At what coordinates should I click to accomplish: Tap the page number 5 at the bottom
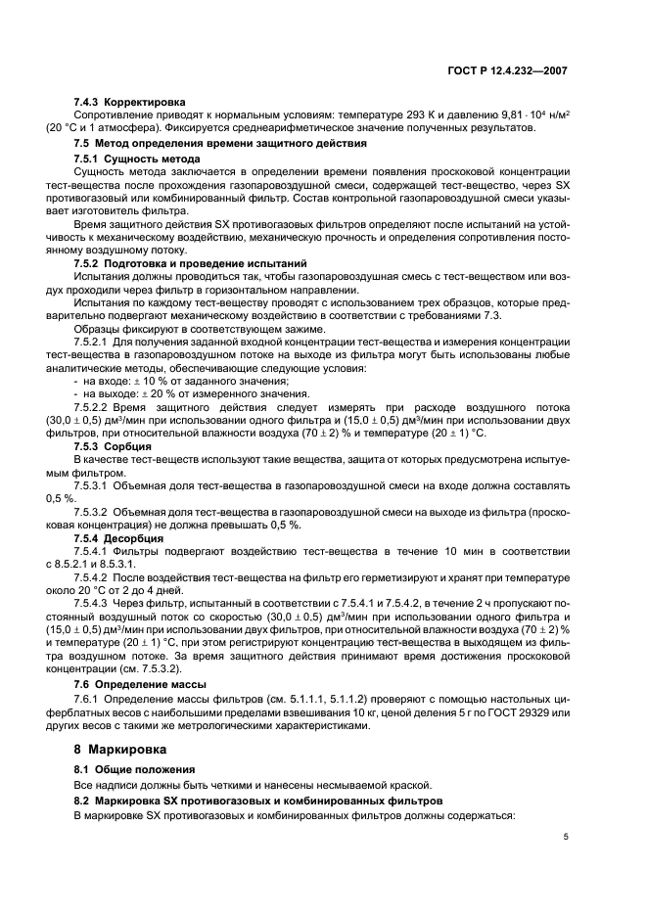tap(566, 837)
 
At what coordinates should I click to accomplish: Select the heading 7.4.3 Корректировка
tap(129, 102)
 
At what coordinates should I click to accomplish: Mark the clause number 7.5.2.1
tap(91, 341)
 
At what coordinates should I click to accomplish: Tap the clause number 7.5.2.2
tap(91, 406)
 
